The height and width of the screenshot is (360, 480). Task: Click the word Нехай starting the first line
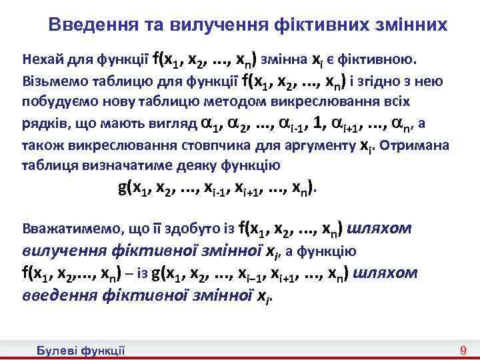click(39, 59)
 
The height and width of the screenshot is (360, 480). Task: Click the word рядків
click(41, 123)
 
